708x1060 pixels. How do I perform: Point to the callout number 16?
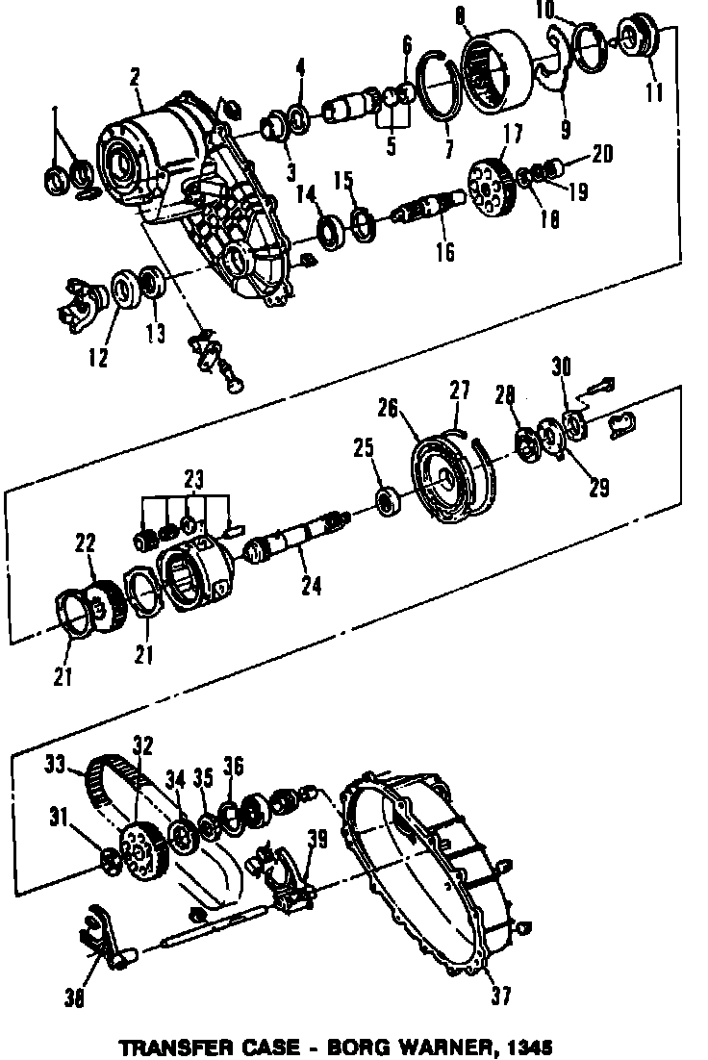[444, 252]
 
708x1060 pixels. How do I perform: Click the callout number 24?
[311, 585]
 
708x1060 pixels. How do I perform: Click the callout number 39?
[316, 839]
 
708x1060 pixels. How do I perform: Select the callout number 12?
[99, 357]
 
